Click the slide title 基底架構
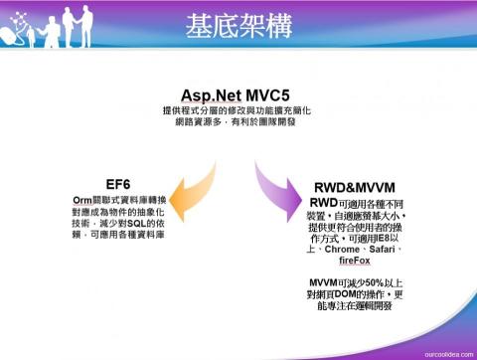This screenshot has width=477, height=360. (x=238, y=28)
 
